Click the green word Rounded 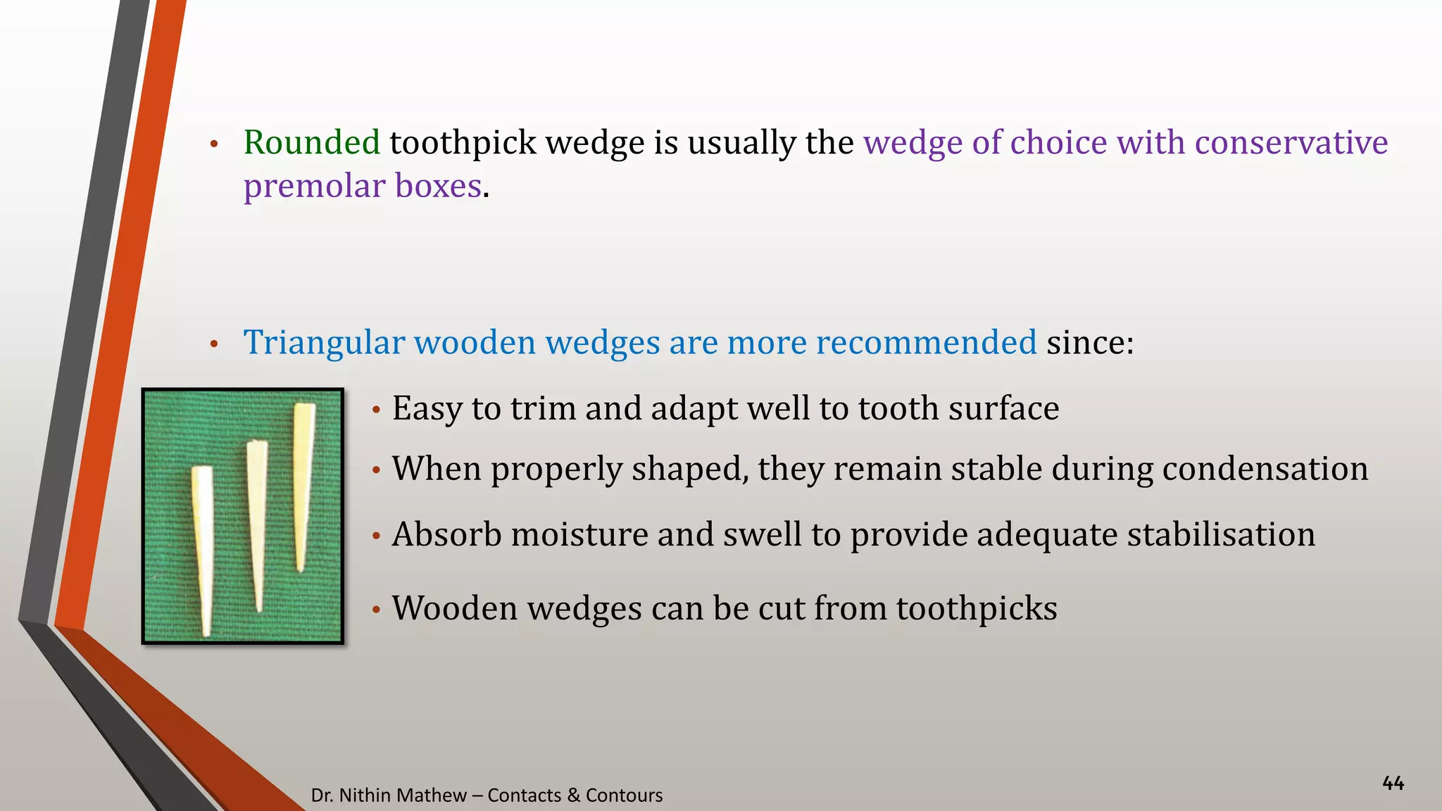pyautogui.click(x=311, y=143)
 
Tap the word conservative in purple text pyautogui.click(x=1291, y=143)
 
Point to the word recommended pyautogui.click(x=926, y=343)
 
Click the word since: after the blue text pyautogui.click(x=1089, y=343)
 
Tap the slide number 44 pyautogui.click(x=1393, y=783)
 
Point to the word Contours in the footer pyautogui.click(x=624, y=796)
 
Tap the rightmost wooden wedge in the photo pyautogui.click(x=303, y=479)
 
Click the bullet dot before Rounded pyautogui.click(x=215, y=145)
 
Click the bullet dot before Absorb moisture pyautogui.click(x=377, y=537)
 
